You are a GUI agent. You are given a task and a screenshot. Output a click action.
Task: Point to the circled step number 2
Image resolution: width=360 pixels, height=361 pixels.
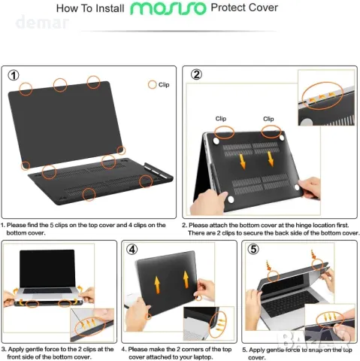point(196,74)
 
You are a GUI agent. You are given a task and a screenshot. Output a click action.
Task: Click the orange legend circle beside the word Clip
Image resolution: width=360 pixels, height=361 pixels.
point(153,85)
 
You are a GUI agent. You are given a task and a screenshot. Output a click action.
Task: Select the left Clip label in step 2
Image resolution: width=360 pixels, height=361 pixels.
point(220,119)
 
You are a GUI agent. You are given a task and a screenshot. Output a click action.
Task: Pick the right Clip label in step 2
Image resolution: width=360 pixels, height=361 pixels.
point(268,119)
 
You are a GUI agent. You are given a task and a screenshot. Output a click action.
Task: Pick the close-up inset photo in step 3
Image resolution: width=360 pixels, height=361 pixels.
point(92,323)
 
